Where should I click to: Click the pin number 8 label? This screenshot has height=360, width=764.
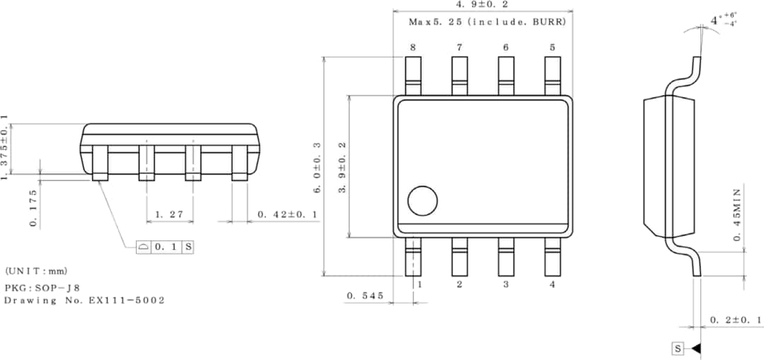tap(412, 47)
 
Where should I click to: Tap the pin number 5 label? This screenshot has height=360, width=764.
tap(552, 47)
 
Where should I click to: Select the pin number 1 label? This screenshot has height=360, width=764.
tap(419, 284)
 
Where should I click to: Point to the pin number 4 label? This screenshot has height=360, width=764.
tap(552, 284)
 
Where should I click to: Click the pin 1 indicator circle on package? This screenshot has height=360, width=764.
tap(422, 201)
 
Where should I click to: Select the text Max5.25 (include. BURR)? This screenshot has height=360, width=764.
tap(487, 22)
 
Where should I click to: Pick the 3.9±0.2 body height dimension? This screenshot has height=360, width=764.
tap(342, 169)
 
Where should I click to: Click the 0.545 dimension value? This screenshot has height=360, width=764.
tap(365, 296)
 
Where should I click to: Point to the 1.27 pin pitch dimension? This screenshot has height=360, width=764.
tap(166, 214)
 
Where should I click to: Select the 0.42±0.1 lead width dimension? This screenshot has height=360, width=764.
tap(287, 214)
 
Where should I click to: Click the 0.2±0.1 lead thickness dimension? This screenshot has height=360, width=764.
tap(735, 320)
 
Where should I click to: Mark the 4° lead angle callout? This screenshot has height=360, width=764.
tap(724, 20)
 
